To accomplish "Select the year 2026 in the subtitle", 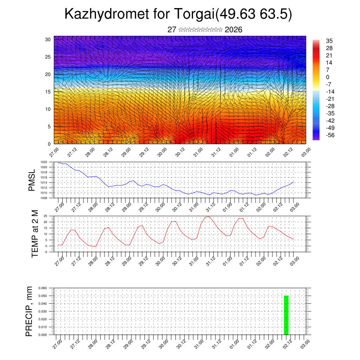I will point(233,30).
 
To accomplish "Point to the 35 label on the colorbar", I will point(329,41).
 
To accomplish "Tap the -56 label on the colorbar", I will point(330,135).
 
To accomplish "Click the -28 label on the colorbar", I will point(330,106).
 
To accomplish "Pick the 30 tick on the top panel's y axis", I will point(48,39).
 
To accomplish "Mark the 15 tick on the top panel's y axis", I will point(48,92).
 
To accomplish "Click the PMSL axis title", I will point(32,180).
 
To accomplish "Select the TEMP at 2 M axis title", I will point(35,234).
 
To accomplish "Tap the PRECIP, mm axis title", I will point(30,311).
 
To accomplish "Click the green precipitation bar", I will point(286,315).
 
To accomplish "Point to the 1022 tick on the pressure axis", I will point(44,162).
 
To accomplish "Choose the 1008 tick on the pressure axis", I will point(44,198).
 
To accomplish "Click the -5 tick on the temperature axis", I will point(46,252).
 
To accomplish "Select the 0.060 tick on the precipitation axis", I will point(42,288).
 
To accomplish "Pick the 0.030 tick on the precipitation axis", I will point(42,311).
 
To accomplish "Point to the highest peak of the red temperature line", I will point(208,217).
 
